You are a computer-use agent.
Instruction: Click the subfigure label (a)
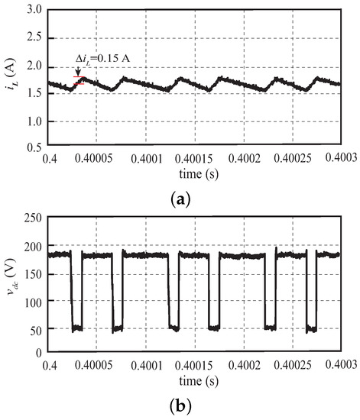click(x=180, y=199)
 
